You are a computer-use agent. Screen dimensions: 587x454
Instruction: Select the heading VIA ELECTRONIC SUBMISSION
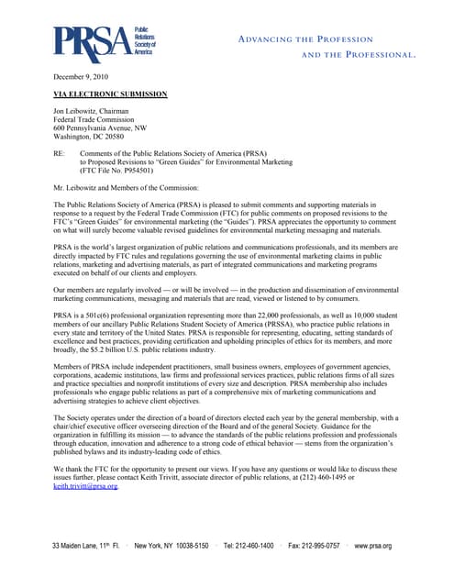[x=110, y=94]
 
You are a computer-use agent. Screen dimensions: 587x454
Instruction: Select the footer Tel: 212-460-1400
[x=249, y=547]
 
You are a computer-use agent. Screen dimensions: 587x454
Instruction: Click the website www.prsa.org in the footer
[x=373, y=547]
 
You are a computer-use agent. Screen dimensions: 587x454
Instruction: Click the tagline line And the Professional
[x=359, y=55]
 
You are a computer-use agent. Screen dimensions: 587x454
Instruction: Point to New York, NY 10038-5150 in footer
[x=172, y=547]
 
